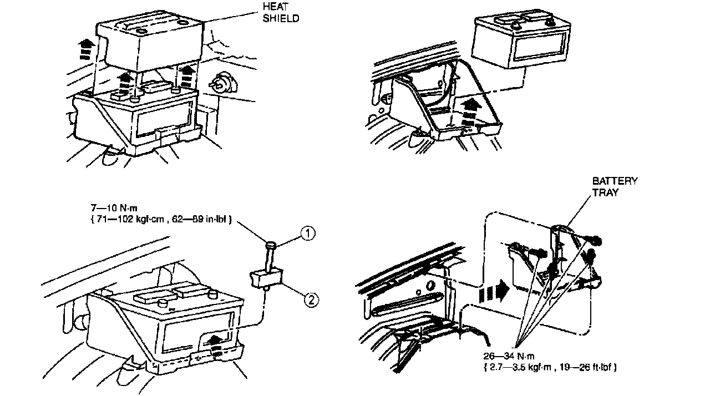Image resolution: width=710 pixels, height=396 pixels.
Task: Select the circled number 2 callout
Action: pyautogui.click(x=311, y=299)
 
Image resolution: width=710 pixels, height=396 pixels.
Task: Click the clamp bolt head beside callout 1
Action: pyautogui.click(x=271, y=245)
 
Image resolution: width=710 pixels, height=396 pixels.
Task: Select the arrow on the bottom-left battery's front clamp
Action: pyautogui.click(x=218, y=340)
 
